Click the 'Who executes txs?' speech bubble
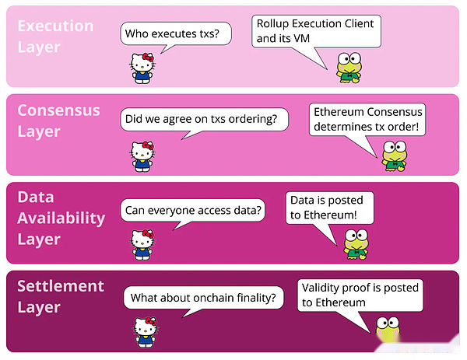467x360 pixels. click(176, 33)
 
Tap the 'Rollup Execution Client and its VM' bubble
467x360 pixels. click(316, 32)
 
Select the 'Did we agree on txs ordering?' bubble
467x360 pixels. click(204, 119)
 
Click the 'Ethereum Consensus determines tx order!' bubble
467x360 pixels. click(367, 120)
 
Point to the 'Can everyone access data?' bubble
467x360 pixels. click(193, 211)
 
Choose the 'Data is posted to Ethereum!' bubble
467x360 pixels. click(329, 208)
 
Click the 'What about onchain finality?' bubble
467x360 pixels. click(203, 298)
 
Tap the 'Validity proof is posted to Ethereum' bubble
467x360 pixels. click(360, 295)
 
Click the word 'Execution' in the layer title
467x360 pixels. click(56, 26)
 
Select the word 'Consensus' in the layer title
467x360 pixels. click(58, 110)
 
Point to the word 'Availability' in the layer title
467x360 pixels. click(61, 218)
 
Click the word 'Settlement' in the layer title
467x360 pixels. click(61, 286)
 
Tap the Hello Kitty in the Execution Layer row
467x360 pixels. click(142, 68)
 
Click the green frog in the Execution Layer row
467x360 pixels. click(349, 68)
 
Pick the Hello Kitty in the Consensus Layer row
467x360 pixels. click(142, 156)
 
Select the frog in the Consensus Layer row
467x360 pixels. click(395, 156)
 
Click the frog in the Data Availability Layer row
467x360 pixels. click(356, 244)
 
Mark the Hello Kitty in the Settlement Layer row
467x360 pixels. click(146, 332)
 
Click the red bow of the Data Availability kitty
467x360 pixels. click(148, 233)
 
